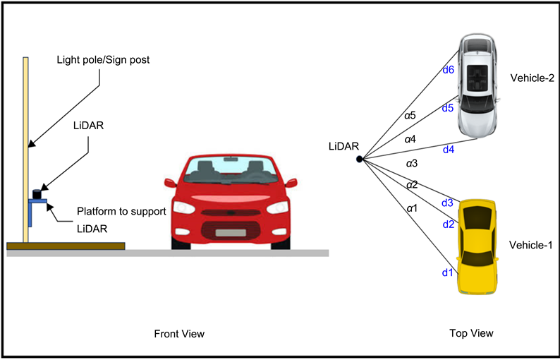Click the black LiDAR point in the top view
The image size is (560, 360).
[x=359, y=160]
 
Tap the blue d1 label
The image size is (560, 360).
[x=446, y=272]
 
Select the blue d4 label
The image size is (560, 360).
[x=449, y=150]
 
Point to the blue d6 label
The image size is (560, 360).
[x=449, y=69]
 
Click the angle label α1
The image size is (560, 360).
[x=410, y=208]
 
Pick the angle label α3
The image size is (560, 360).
[x=412, y=163]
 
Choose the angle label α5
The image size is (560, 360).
[x=410, y=114]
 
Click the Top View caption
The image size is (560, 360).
[x=471, y=332]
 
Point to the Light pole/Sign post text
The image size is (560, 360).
[x=103, y=60]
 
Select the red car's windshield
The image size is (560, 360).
[x=231, y=169]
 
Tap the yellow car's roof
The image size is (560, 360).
[x=478, y=236]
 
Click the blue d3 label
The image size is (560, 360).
[x=447, y=203]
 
